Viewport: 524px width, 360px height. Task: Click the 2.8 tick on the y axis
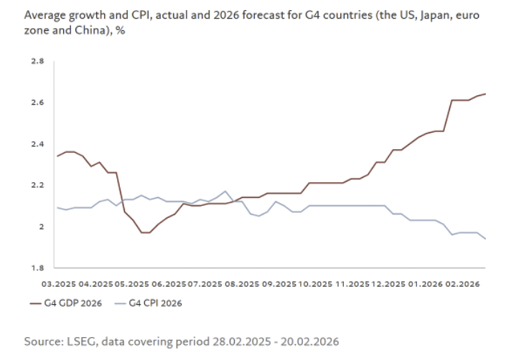[37, 62]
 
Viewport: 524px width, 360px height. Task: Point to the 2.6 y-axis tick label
[37, 103]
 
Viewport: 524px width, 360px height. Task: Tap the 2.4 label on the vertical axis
[37, 144]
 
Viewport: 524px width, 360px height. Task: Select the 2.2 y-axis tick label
[37, 185]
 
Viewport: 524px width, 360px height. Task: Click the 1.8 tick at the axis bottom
[37, 267]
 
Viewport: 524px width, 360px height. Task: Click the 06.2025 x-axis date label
[169, 284]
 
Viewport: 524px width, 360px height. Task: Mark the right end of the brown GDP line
[486, 94]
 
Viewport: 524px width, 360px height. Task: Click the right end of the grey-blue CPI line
[486, 239]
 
